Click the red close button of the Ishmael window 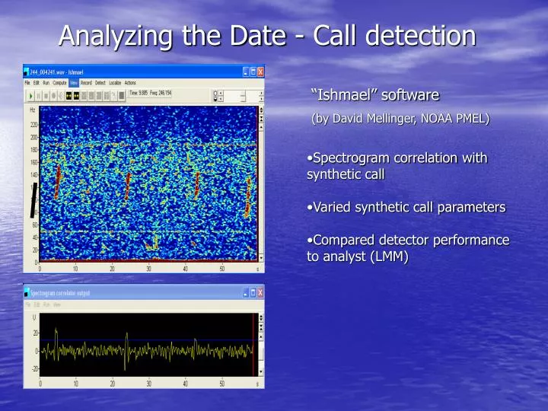pos(260,72)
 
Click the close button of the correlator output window pos(260,292)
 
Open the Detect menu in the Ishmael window pos(100,82)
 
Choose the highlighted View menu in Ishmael pos(74,82)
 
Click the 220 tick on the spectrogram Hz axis pos(34,125)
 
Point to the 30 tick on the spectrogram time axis pos(148,269)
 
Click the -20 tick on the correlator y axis pos(34,368)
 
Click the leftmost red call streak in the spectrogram pos(57,183)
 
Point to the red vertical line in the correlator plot pos(253,344)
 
